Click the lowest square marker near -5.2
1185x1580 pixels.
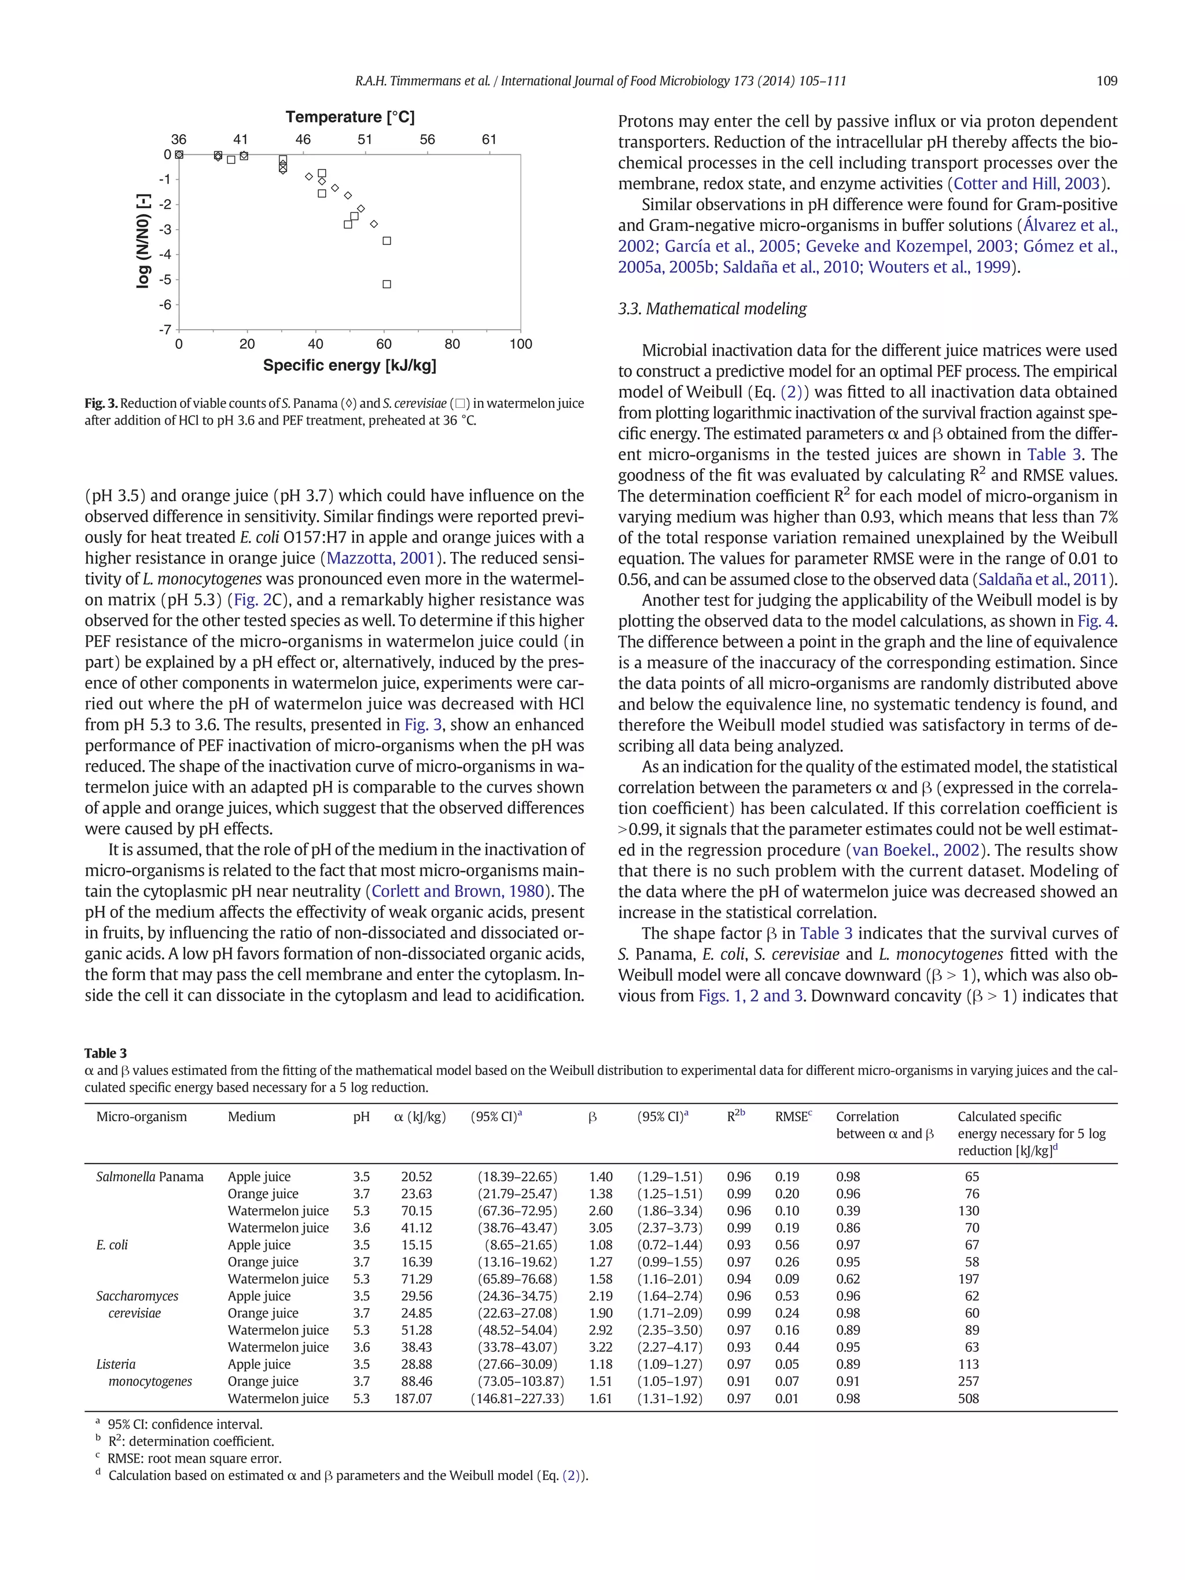(x=387, y=284)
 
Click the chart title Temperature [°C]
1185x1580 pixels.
(x=349, y=117)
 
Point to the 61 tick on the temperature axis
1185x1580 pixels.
(x=488, y=140)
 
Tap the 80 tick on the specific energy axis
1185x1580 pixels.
(x=452, y=344)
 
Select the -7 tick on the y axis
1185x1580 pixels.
(x=164, y=329)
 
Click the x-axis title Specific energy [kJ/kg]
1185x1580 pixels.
(x=349, y=366)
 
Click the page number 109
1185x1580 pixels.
(x=1106, y=81)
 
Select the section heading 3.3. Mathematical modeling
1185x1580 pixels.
(x=712, y=308)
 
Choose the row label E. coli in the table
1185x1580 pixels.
(x=112, y=1245)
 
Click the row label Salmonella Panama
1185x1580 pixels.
(x=149, y=1176)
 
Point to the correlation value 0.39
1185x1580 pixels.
(x=848, y=1211)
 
